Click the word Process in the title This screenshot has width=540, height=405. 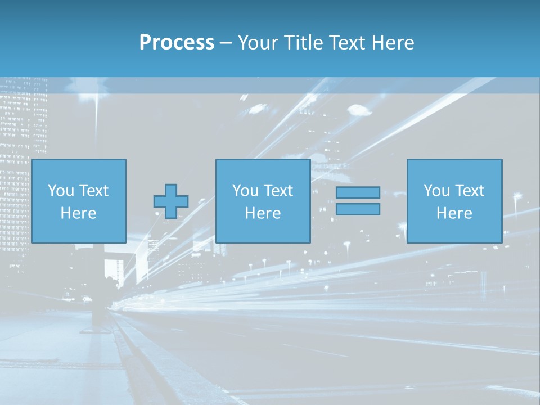click(x=177, y=43)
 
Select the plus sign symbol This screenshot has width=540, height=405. click(x=171, y=201)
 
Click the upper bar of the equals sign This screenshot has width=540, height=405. click(x=358, y=193)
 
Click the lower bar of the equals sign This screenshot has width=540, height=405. click(x=358, y=209)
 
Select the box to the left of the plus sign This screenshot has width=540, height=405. click(x=78, y=201)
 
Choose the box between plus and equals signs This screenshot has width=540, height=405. click(x=263, y=201)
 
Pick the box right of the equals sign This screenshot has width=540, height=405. click(x=454, y=201)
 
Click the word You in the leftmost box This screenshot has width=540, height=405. click(x=61, y=191)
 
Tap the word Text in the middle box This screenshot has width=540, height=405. click(x=278, y=191)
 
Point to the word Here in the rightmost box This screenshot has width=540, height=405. click(x=454, y=213)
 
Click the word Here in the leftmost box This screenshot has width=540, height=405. click(x=78, y=213)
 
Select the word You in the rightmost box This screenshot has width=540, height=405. click(x=436, y=191)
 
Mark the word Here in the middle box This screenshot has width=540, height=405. click(x=263, y=213)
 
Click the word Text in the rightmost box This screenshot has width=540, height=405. click(x=470, y=191)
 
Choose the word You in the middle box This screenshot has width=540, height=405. click(x=245, y=191)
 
